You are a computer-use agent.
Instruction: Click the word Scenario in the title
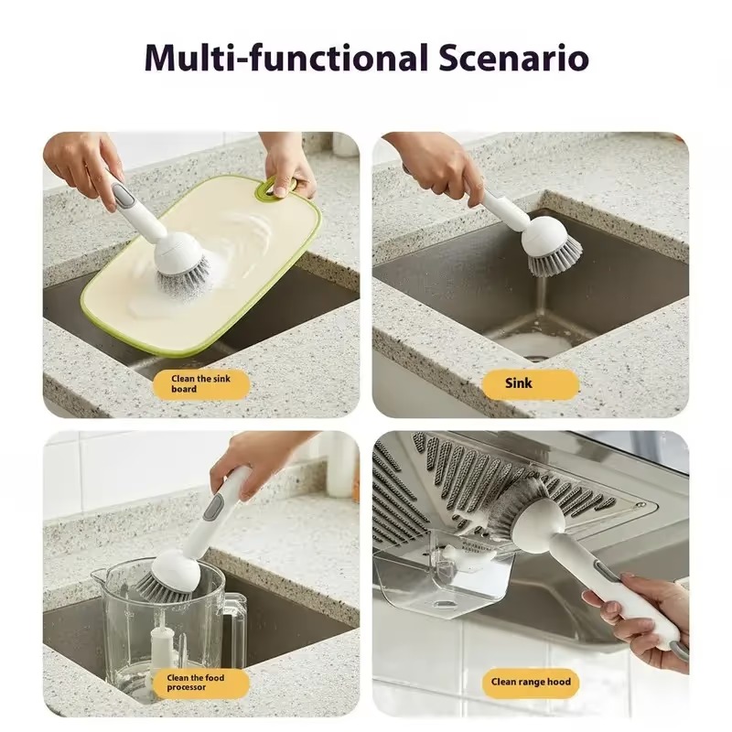click(x=513, y=58)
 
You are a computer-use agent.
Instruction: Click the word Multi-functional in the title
click(x=286, y=58)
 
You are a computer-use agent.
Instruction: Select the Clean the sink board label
click(x=201, y=383)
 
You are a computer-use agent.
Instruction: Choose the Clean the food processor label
click(x=200, y=683)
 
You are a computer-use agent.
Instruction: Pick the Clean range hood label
click(x=531, y=682)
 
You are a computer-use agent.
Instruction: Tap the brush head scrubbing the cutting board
click(x=182, y=262)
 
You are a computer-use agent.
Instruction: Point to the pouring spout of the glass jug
click(x=99, y=576)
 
